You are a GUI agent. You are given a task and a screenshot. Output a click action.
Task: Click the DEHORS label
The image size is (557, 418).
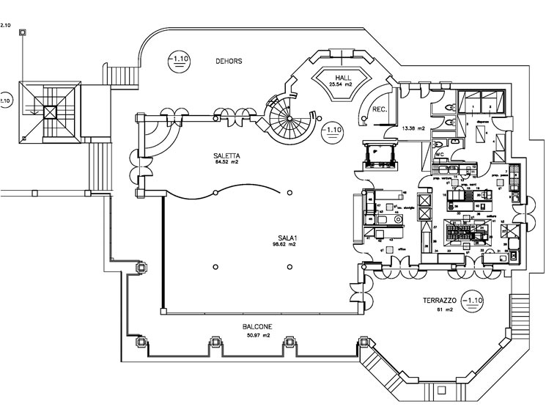tap(229, 61)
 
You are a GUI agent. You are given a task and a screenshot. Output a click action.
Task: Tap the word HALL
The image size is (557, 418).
tap(342, 77)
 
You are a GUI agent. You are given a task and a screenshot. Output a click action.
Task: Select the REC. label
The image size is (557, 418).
tap(380, 109)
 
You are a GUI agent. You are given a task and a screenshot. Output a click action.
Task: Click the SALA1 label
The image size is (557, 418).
tap(287, 238)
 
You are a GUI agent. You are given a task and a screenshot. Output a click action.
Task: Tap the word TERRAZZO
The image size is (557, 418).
tap(440, 301)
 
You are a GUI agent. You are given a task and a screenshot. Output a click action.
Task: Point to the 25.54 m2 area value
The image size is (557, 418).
tap(341, 85)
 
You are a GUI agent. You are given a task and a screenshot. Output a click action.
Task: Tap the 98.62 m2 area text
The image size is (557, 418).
tap(287, 244)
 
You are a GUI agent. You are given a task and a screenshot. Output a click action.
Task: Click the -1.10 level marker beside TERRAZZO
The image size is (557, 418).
tap(473, 300)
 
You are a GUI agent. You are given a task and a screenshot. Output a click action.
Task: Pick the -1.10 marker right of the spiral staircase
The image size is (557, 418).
tap(332, 130)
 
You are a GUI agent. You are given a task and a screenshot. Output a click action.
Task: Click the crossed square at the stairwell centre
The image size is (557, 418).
tap(49, 111)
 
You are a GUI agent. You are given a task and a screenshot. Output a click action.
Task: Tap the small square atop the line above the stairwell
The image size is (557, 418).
tap(23, 32)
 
